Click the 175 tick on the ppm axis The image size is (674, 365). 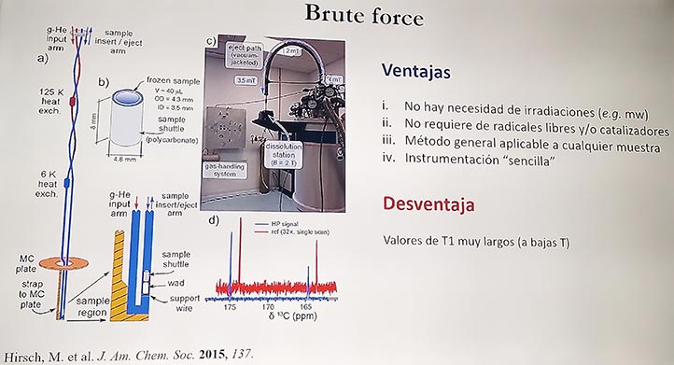pos(231,305)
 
